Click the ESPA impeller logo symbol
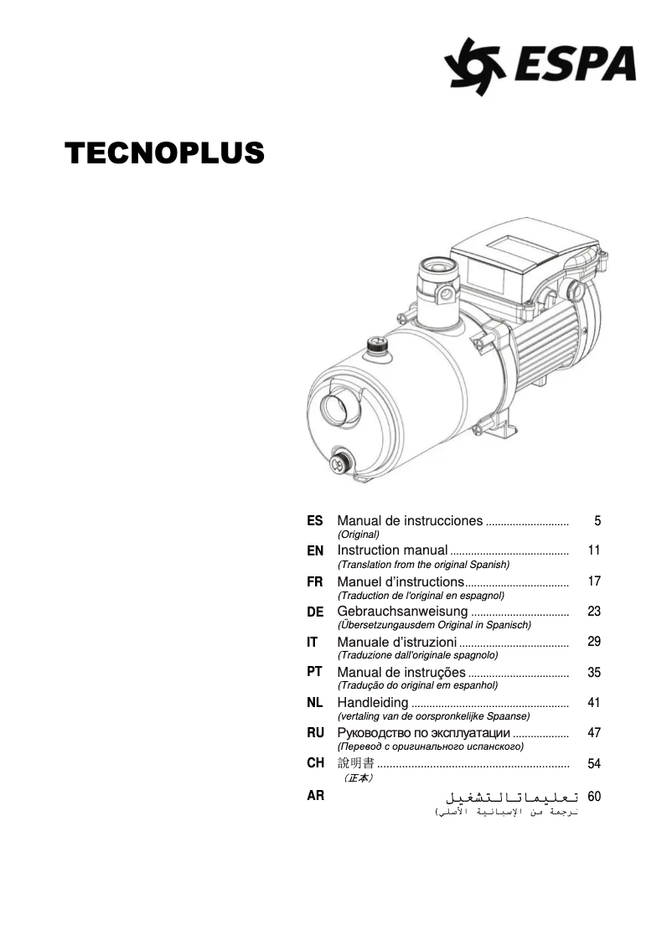[474, 66]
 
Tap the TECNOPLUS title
[164, 152]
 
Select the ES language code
[314, 520]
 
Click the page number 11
[594, 550]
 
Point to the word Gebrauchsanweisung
[402, 612]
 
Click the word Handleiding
[373, 702]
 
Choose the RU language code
[315, 732]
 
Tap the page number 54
[594, 763]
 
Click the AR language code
[315, 795]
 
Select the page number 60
[594, 796]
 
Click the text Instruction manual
[392, 550]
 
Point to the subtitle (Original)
[358, 534]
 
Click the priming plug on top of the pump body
[379, 349]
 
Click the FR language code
[314, 581]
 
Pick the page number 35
[594, 672]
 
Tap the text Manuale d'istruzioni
[397, 642]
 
